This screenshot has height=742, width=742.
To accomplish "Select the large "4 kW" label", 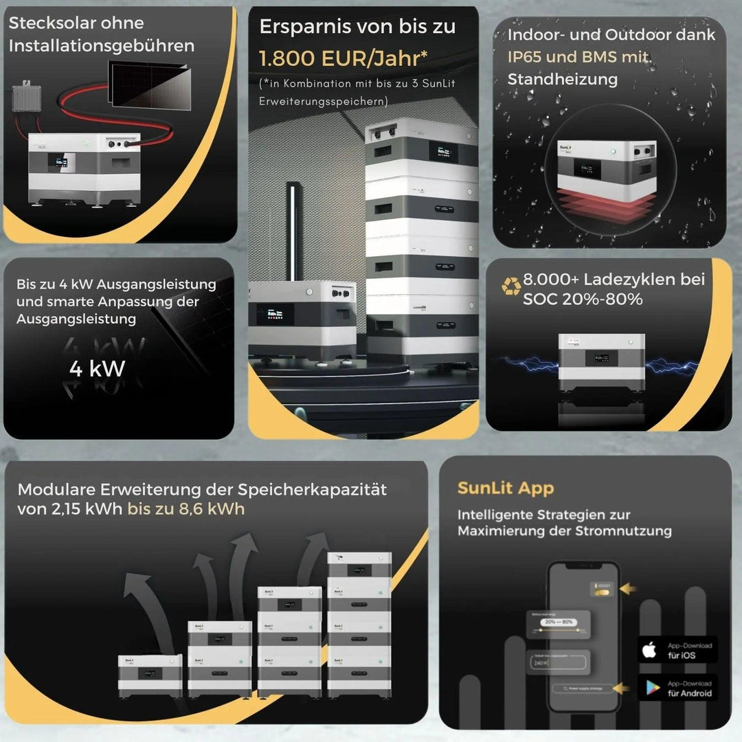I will (97, 369).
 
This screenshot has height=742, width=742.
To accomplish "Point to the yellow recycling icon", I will (510, 286).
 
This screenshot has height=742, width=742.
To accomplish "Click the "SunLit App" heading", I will (505, 488).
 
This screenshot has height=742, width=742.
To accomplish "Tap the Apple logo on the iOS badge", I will (649, 649).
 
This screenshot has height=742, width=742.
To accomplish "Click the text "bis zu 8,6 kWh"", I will (185, 509).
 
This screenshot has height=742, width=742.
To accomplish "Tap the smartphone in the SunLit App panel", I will (585, 636).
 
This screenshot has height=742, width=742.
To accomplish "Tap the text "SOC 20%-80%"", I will (583, 300).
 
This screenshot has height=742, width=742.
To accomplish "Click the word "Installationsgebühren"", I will (102, 46).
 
